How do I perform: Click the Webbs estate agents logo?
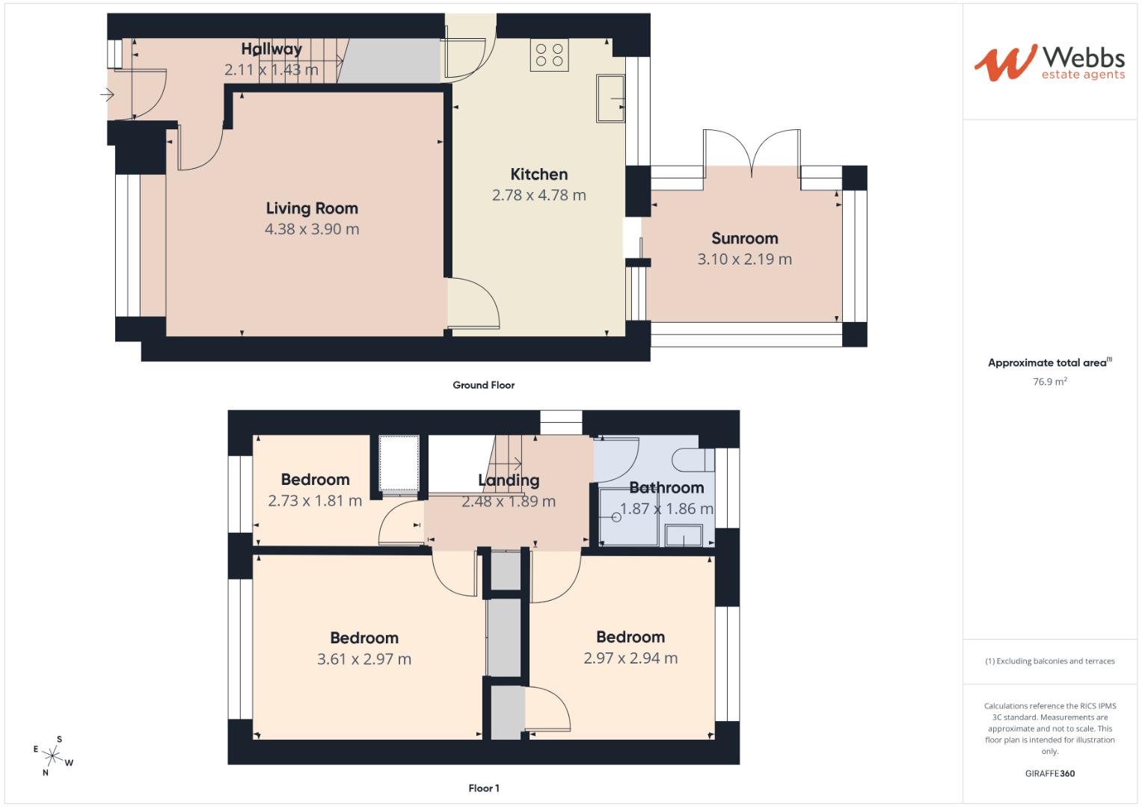1049,63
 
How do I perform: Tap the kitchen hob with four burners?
549,55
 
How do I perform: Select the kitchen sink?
610,98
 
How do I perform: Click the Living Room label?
312,208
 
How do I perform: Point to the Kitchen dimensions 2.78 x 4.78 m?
538,195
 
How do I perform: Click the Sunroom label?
744,238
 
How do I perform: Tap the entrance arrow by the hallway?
106,95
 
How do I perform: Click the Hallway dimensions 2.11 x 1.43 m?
271,70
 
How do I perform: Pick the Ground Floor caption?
483,385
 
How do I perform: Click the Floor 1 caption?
483,788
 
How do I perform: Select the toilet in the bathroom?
692,459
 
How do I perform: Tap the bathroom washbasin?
684,535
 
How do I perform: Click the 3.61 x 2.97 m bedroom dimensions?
363,659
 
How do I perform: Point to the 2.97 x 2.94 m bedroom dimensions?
630,658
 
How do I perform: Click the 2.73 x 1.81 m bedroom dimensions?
314,501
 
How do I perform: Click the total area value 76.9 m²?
1049,382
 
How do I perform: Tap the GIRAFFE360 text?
1049,773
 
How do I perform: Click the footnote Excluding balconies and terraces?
1049,661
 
